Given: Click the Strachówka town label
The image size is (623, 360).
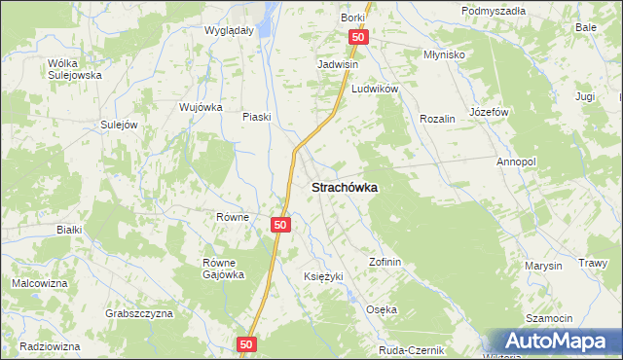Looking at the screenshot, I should (x=345, y=186).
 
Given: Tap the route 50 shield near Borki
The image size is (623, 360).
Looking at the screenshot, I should (x=358, y=37).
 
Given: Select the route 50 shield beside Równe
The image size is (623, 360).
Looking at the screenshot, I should (x=279, y=225).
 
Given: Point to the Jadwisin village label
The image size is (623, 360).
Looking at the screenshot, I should (x=338, y=64).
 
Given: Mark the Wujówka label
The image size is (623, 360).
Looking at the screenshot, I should (x=202, y=107).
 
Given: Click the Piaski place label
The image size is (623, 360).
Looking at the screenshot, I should (x=256, y=117).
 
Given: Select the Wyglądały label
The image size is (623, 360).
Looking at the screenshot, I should (x=229, y=30).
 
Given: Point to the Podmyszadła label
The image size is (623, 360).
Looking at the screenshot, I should (x=494, y=11).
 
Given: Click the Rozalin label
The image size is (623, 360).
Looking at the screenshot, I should (x=437, y=118).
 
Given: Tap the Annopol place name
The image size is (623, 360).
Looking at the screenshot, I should (x=517, y=162).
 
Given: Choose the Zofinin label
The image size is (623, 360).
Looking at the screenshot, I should (x=385, y=262).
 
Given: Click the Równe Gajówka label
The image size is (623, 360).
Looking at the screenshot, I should (x=223, y=268).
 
